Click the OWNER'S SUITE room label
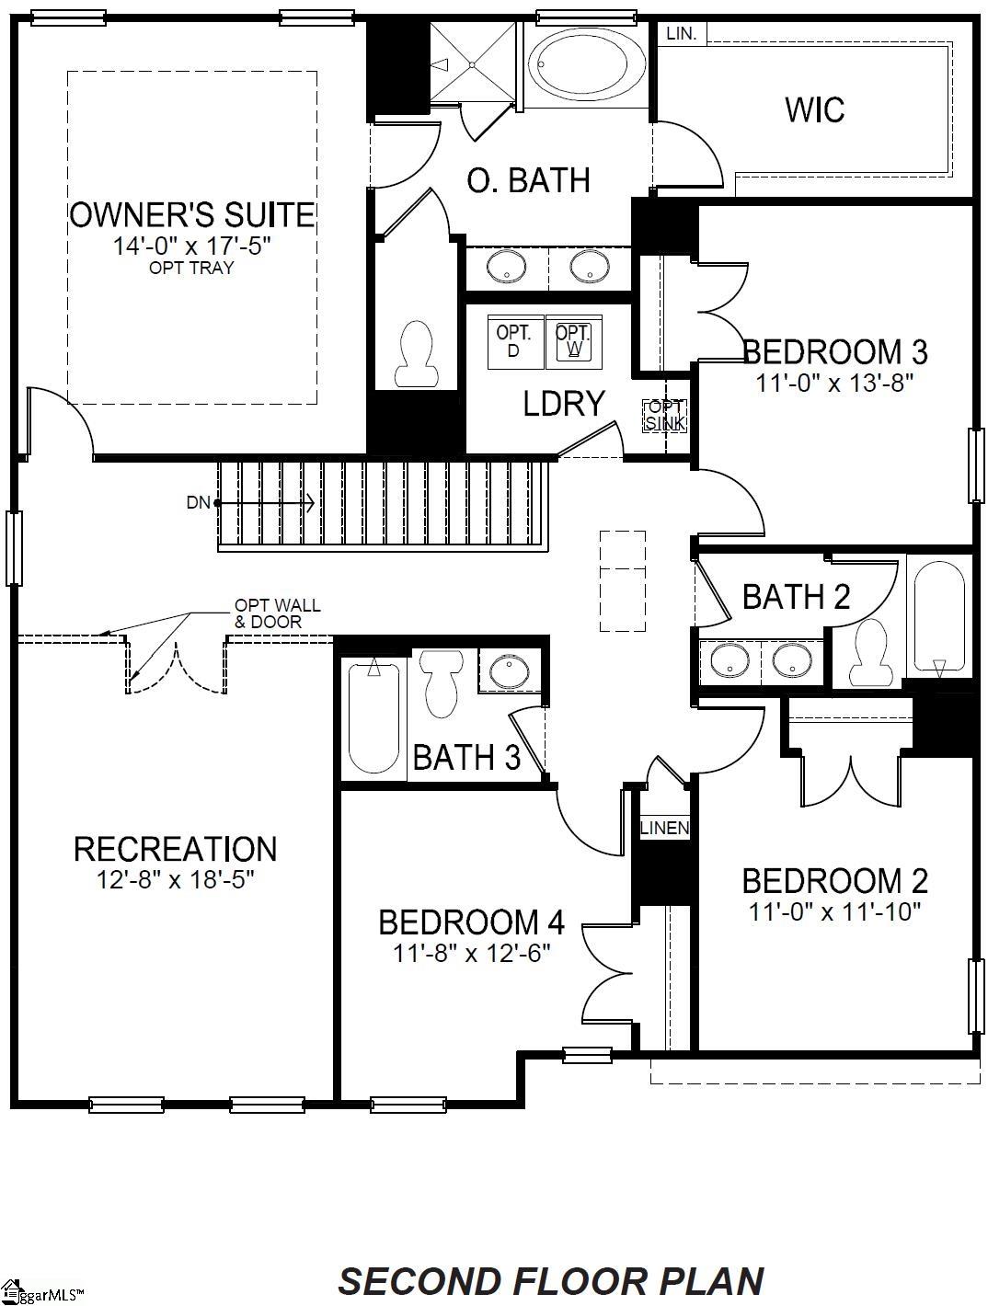(x=191, y=215)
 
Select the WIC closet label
(x=814, y=109)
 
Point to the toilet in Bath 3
(x=441, y=683)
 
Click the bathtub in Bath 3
(x=373, y=718)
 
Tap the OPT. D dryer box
(x=513, y=340)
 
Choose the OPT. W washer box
(x=574, y=340)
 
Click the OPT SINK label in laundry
(x=664, y=416)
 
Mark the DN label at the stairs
(x=199, y=502)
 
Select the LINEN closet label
(x=664, y=828)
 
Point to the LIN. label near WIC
(x=681, y=34)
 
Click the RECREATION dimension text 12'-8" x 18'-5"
(x=175, y=879)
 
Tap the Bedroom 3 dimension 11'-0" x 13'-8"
(x=834, y=383)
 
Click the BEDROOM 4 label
(x=471, y=922)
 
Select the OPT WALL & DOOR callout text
(x=277, y=613)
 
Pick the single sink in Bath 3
(x=506, y=670)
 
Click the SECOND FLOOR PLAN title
(x=551, y=1281)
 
